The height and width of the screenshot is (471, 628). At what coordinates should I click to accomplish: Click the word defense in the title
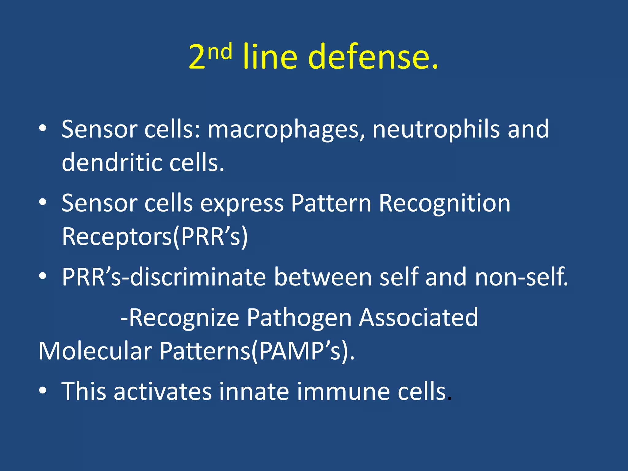[x=376, y=57]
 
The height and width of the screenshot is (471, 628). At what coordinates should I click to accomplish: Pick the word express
[x=242, y=203]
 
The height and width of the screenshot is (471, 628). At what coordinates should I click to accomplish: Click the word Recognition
[x=445, y=203]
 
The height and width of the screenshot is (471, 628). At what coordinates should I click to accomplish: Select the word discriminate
[x=198, y=277]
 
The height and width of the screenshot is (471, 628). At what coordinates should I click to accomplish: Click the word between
[x=323, y=277]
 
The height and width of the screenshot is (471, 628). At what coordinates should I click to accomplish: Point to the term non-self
[x=521, y=277]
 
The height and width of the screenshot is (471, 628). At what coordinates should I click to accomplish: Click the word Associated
[x=418, y=317]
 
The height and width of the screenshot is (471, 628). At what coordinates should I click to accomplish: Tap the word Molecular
[x=95, y=351]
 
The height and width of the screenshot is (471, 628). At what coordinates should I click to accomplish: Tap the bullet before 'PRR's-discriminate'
[x=43, y=276]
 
